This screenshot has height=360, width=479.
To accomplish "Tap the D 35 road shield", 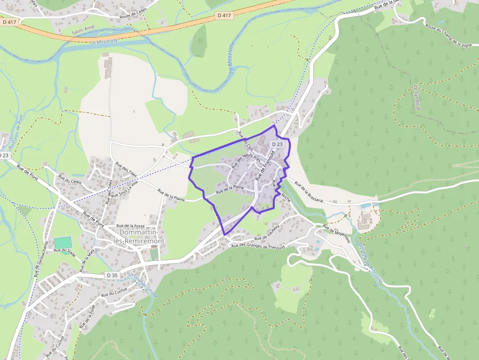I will (112, 275).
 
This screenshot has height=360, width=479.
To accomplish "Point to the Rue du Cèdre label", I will (70, 179).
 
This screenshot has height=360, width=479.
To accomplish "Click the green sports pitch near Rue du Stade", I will (63, 242).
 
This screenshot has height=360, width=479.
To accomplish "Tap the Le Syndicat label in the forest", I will (416, 98).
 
